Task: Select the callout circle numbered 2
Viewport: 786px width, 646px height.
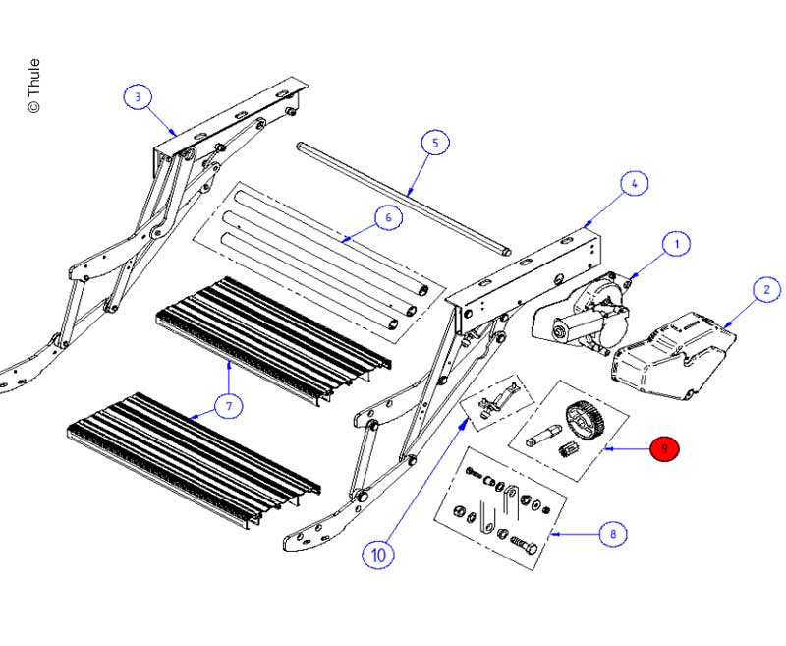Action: [766, 290]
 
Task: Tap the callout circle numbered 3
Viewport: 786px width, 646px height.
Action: [139, 97]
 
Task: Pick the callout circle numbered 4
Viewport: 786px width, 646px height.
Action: [634, 184]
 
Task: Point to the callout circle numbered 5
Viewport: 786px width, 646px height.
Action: [434, 143]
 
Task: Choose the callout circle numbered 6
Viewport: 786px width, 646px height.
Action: [388, 217]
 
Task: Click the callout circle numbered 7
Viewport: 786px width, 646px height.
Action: [227, 404]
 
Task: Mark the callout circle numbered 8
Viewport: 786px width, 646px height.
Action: [613, 535]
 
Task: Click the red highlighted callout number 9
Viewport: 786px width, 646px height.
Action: [665, 449]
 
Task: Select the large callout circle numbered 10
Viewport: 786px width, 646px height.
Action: [378, 555]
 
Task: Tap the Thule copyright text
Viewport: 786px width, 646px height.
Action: [34, 85]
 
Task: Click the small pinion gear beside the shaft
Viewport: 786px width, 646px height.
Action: [567, 452]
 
